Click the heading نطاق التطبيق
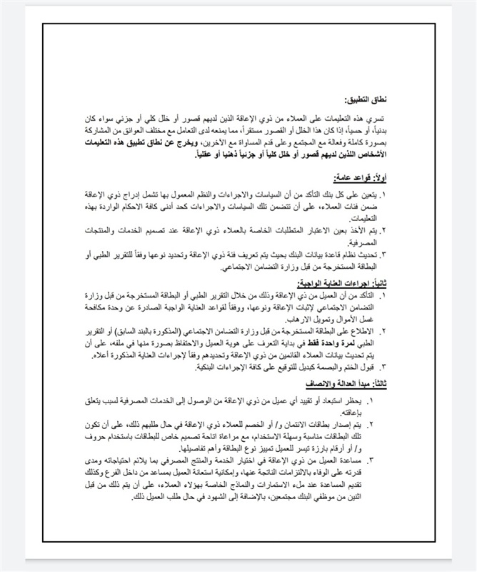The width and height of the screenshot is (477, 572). click(x=365, y=99)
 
